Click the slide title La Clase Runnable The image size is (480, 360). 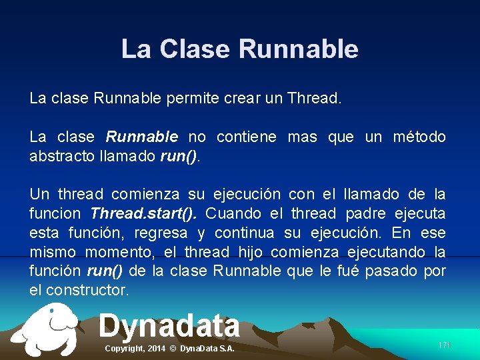pos(240,49)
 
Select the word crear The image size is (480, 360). pos(235,99)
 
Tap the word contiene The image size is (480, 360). pos(247,137)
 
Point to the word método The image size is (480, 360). pos(419,137)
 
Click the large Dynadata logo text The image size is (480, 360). pos(169,326)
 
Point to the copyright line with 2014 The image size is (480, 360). pos(170,349)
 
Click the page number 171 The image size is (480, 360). pos(444,345)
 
